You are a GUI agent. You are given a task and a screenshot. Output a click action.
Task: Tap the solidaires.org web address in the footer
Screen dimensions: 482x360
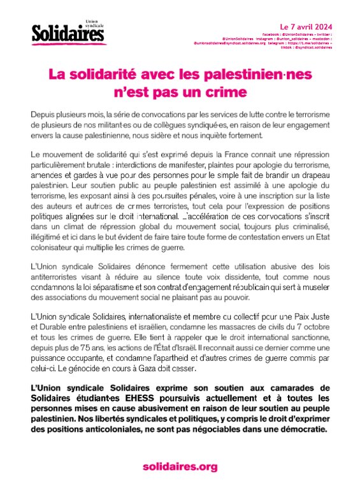[179, 467]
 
